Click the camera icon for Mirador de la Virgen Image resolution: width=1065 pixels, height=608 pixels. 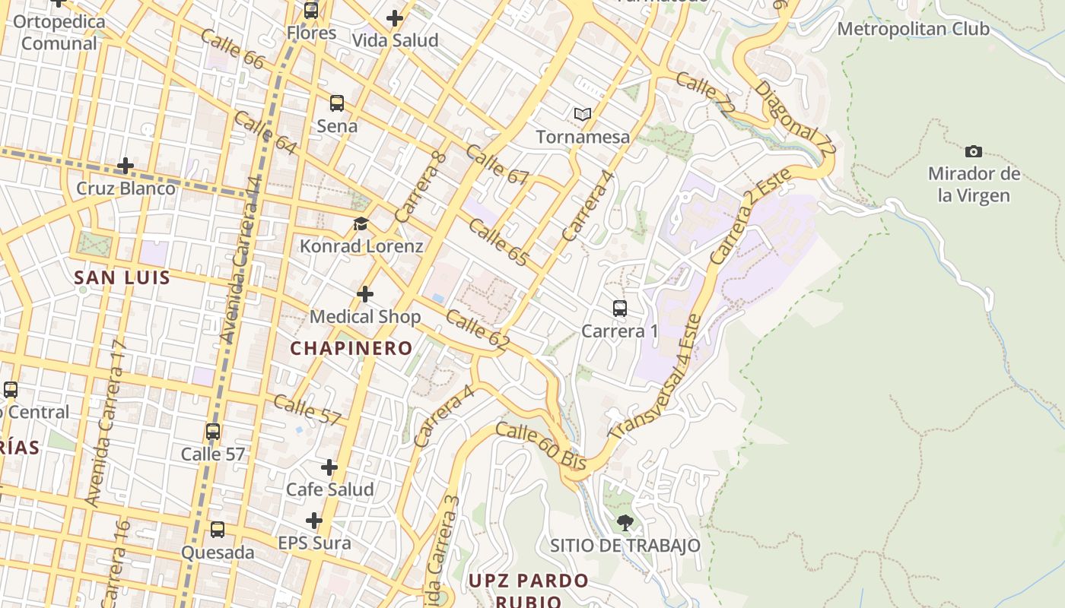coord(973,152)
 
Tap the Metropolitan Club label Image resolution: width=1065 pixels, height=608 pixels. coord(913,29)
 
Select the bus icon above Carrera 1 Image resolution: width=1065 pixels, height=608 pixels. coord(620,309)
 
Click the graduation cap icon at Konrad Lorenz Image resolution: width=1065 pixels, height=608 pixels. coord(361,224)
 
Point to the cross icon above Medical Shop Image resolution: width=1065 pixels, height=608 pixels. coord(365,294)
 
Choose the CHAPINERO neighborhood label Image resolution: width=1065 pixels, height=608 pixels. coord(351,348)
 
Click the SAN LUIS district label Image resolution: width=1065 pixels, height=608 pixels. coord(122,277)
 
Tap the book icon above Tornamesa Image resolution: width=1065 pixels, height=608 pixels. coord(583,114)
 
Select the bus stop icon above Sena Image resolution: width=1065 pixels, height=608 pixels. coord(337,103)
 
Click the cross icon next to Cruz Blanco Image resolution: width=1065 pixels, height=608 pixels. coord(126,165)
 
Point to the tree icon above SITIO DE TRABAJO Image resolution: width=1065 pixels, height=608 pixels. coord(625,522)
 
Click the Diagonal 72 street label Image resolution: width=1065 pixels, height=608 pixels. coord(794,119)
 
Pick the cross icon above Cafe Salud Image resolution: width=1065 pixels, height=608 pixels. coord(329,467)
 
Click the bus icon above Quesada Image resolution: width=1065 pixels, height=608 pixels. coord(218,530)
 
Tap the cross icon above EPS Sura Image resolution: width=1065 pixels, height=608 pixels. coord(314,521)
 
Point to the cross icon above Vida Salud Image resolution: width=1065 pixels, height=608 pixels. coord(395,17)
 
